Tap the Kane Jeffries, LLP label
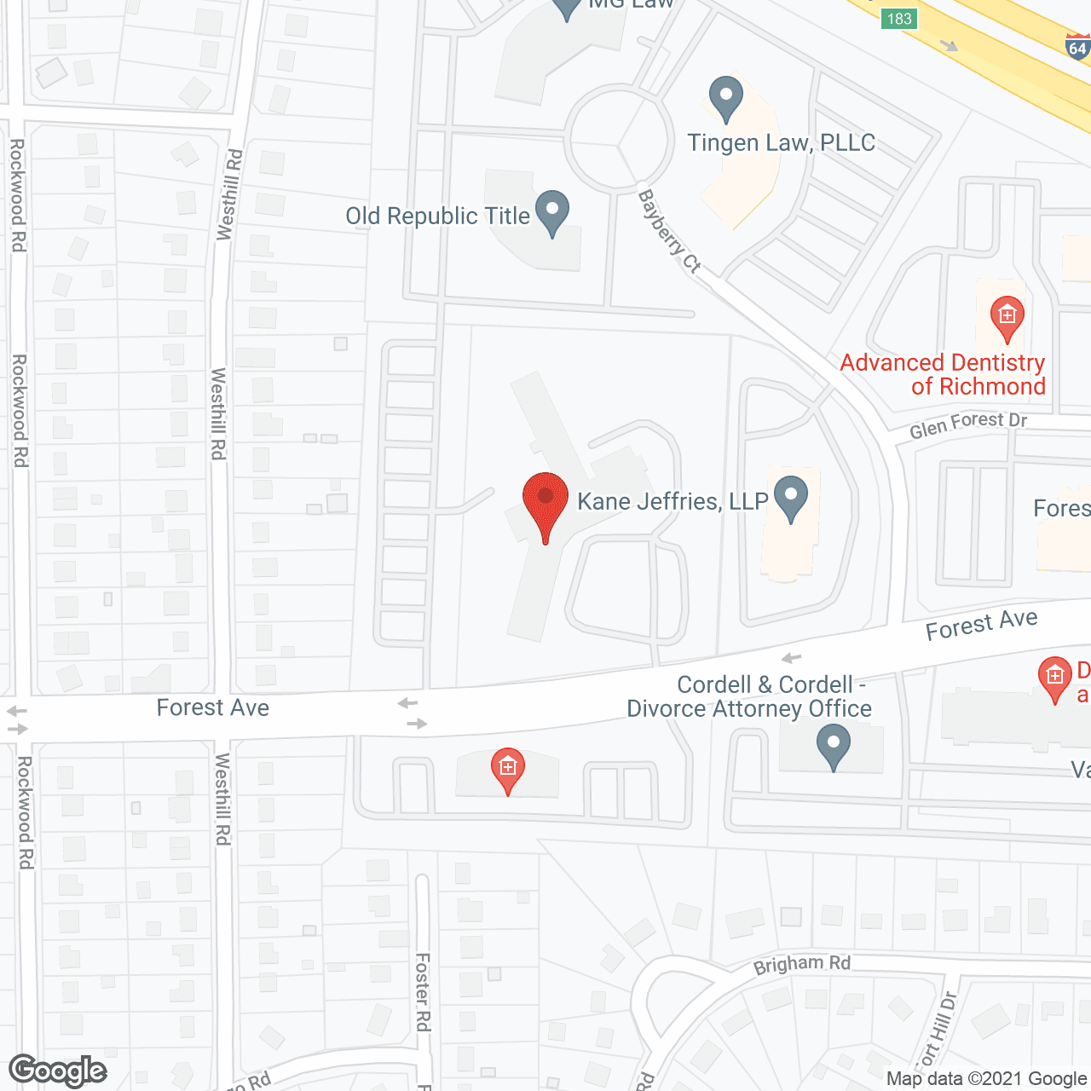coord(672,501)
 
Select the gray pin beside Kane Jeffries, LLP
coord(792,499)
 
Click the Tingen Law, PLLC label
coord(781,142)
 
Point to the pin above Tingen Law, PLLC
coord(726,98)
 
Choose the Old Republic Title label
coord(437,216)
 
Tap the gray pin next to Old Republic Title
coord(552,212)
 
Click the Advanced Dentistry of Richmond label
coord(943,374)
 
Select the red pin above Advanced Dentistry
coord(1007,318)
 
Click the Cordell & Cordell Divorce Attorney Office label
coord(748,696)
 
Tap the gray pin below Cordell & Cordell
coord(834,746)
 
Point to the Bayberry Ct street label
coord(669,232)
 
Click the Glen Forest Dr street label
coord(968,424)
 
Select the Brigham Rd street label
coord(801,965)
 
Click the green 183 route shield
coord(899,19)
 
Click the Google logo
coord(58,1071)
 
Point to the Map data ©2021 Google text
coord(987,1079)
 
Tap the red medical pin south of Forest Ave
coord(507,770)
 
